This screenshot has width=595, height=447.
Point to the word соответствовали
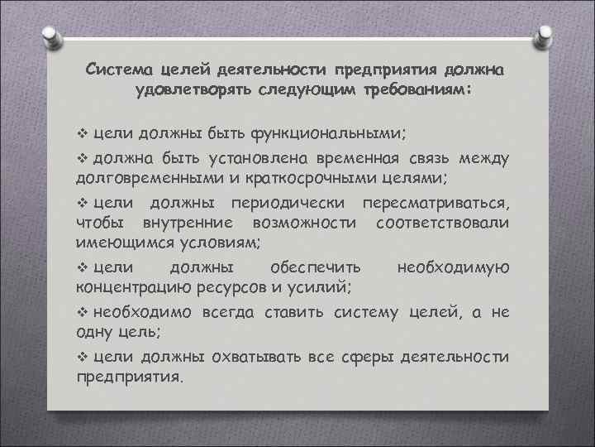(442, 223)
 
